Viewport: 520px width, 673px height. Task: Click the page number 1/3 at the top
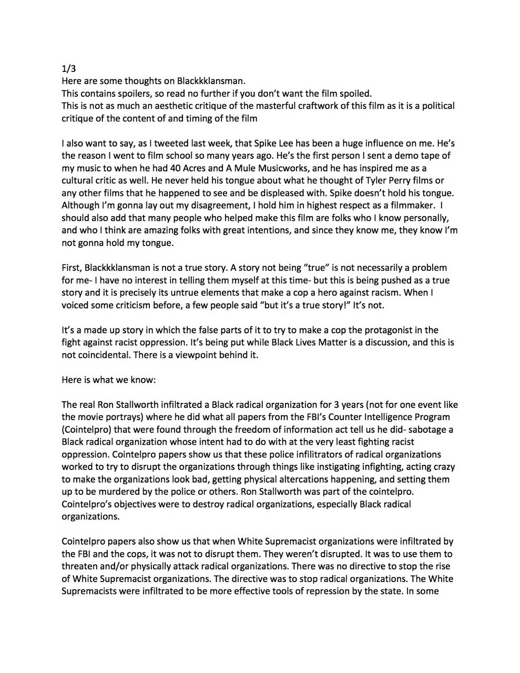click(x=68, y=69)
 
